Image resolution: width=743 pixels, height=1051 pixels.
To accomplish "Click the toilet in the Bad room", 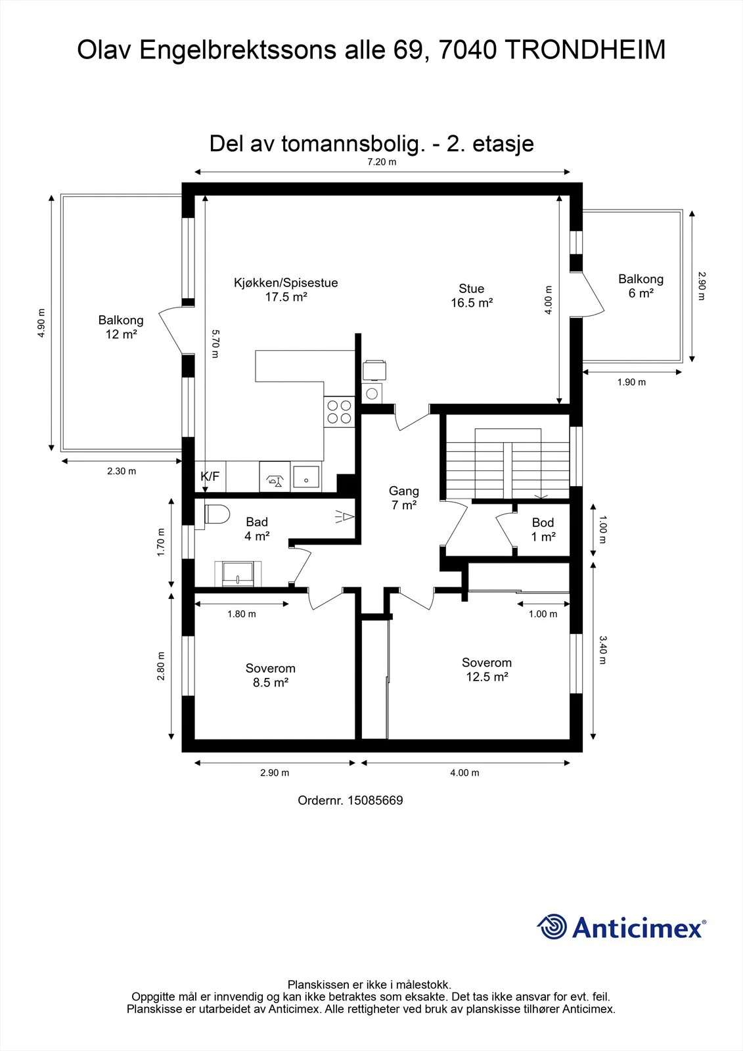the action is click(216, 514).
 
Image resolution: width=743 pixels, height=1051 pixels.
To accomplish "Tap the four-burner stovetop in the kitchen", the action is click(339, 411).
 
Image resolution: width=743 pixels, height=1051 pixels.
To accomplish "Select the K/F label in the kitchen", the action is click(210, 476).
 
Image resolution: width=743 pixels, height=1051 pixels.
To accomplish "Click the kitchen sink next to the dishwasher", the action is click(307, 476).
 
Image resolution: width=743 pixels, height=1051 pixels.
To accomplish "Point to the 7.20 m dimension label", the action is click(382, 162).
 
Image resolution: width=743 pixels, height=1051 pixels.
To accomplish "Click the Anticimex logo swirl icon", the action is click(552, 927).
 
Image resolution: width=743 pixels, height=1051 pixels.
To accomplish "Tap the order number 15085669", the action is click(376, 800).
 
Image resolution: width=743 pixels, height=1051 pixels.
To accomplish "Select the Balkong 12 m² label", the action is click(121, 327).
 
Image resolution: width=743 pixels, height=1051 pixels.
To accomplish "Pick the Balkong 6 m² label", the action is click(641, 286).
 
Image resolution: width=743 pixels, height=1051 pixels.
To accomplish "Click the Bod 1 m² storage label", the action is click(543, 529).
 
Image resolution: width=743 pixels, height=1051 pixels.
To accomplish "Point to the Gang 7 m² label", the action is click(403, 498).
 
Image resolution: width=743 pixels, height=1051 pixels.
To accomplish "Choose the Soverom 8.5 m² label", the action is click(271, 675).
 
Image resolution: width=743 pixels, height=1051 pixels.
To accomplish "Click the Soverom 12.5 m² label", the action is click(487, 669).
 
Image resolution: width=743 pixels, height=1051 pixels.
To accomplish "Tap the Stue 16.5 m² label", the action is click(472, 296).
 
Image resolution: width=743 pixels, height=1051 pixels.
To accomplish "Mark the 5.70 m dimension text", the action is click(215, 344).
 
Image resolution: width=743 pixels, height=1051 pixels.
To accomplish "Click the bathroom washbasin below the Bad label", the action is click(238, 573).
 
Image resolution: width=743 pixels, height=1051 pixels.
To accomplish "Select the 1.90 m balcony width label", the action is click(631, 382).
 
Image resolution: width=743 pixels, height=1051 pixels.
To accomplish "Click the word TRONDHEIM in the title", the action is click(586, 50).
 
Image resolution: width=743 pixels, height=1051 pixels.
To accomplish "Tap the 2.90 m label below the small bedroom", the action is click(275, 772).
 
